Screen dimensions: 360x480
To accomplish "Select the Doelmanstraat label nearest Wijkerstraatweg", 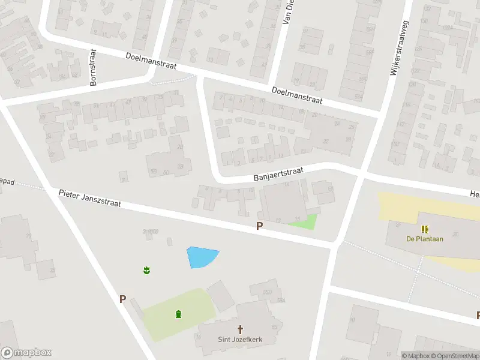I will tap(297, 95).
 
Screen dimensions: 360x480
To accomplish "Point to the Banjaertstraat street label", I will tap(278, 175).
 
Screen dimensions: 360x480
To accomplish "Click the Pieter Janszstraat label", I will tap(90, 199).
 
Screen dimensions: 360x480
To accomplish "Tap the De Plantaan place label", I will tap(425, 238).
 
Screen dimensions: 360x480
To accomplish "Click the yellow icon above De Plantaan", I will tap(425, 229).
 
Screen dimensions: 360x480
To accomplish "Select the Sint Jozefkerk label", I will tap(241, 339).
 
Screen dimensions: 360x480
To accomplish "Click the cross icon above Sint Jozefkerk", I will tap(241, 329).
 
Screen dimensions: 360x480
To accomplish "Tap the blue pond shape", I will tap(201, 257).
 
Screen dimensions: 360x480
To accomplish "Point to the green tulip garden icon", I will tap(146, 271).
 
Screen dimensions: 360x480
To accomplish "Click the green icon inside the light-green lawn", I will tap(178, 314).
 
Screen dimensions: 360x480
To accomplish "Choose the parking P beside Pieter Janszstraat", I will tap(259, 226).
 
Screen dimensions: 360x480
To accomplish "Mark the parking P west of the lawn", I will tap(122, 299).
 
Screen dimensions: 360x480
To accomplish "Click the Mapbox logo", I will tap(26, 353).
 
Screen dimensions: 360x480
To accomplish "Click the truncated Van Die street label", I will tap(287, 13).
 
